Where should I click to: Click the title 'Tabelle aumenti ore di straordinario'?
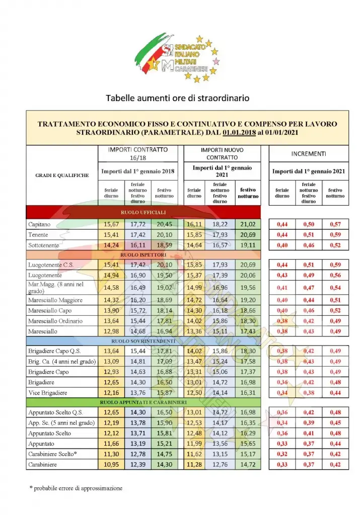click(x=177, y=98)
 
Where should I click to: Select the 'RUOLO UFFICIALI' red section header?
click(x=143, y=212)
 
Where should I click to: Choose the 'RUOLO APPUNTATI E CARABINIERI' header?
click(x=143, y=402)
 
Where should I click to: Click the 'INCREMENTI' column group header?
click(x=309, y=153)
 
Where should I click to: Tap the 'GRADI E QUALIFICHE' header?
click(x=62, y=176)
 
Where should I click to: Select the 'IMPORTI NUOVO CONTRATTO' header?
click(x=222, y=153)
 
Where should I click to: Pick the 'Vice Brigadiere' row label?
click(x=48, y=392)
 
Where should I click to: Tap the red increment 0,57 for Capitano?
click(x=335, y=224)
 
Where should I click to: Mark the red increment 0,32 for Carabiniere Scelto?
click(x=282, y=454)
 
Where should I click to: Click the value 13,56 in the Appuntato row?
click(x=220, y=444)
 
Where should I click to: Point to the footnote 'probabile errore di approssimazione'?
click(x=76, y=488)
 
